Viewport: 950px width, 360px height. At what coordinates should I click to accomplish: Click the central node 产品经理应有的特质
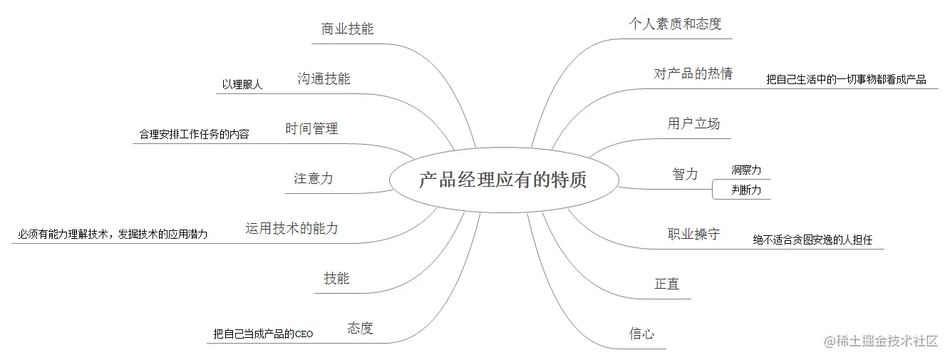502,180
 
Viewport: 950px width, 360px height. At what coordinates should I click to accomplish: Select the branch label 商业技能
347,29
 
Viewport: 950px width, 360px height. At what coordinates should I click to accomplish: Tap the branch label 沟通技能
324,79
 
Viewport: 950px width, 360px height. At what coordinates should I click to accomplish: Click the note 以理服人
242,85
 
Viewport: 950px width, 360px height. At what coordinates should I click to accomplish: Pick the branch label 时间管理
311,129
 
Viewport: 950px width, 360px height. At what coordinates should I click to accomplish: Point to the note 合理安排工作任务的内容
194,134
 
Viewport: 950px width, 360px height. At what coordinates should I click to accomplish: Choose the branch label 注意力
313,179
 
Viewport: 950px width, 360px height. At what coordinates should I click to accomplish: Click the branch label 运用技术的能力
291,229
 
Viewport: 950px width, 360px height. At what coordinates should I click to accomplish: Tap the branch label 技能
336,279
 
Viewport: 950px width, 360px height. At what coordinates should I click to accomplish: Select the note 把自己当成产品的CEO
263,334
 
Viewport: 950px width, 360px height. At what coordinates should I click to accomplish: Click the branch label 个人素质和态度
675,24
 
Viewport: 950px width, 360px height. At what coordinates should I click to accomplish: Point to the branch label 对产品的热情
693,73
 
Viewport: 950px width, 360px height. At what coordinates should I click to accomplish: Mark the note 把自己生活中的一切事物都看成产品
846,80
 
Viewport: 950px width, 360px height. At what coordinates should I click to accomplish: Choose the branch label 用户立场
693,124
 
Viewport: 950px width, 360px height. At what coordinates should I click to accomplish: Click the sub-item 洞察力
746,170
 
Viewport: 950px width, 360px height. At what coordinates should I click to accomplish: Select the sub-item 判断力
746,190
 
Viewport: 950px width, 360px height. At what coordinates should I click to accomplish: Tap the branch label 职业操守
693,234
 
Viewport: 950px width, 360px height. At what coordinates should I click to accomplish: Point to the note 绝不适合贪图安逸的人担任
812,240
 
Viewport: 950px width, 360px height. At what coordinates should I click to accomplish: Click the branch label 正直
667,284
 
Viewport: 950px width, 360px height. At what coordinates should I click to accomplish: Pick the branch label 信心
641,334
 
